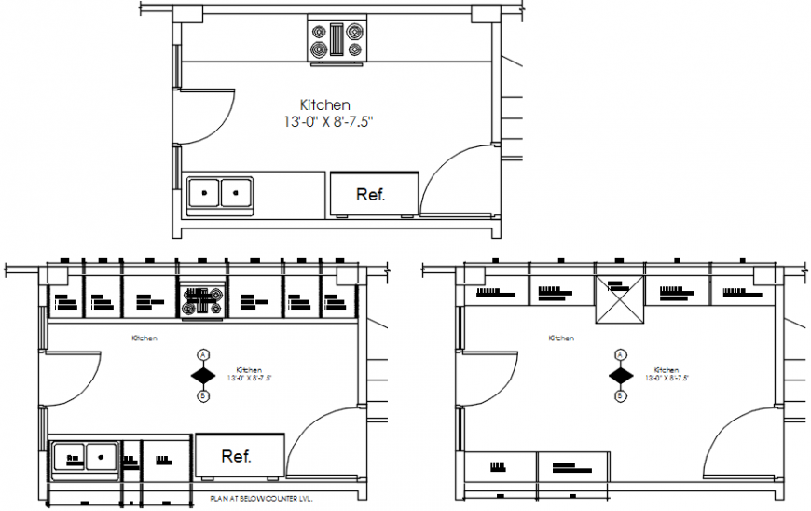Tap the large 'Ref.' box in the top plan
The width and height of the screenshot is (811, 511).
(372, 193)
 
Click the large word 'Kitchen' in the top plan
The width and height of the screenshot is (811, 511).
(324, 104)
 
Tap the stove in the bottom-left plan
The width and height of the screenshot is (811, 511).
(202, 300)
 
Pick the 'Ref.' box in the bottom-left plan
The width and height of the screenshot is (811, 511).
(238, 456)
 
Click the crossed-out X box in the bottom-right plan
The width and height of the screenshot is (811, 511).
(619, 300)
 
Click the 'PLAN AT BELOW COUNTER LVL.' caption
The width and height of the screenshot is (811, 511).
(262, 500)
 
